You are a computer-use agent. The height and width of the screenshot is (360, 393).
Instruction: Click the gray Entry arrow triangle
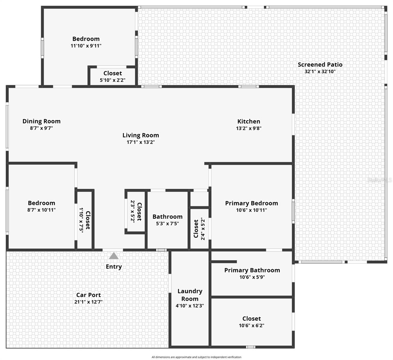[x=114, y=256]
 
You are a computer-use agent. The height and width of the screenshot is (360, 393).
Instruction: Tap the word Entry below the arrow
[x=114, y=267]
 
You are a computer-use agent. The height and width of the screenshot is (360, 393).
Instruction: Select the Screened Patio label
[x=320, y=64]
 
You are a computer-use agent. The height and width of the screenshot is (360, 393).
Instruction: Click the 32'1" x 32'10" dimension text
[x=320, y=72]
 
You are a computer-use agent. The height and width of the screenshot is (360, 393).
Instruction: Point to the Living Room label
[x=140, y=135]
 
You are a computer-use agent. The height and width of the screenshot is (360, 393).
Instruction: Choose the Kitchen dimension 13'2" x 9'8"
[x=249, y=128]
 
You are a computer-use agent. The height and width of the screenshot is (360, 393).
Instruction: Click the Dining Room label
[x=41, y=121]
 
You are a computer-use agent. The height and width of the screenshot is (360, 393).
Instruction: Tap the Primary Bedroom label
[x=251, y=203]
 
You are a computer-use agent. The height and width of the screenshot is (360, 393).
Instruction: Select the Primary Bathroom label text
[x=252, y=270]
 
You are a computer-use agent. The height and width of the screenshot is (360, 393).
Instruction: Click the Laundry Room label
[x=190, y=295]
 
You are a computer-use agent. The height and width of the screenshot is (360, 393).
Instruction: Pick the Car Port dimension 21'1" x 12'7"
[x=88, y=302]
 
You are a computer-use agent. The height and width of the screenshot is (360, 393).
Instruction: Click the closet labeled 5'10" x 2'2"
[x=112, y=76]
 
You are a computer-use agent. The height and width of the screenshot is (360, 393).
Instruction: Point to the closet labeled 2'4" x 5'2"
[x=199, y=229]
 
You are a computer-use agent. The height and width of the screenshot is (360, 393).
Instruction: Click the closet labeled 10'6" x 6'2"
[x=251, y=322]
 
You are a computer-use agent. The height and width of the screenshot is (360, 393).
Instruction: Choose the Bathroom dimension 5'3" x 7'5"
[x=167, y=223]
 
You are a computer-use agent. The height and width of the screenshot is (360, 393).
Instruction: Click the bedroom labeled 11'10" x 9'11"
[x=86, y=42]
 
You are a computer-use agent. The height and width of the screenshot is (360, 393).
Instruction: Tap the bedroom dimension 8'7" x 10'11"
[x=41, y=210]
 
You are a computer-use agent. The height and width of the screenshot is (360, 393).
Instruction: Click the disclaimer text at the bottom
[x=196, y=357]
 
